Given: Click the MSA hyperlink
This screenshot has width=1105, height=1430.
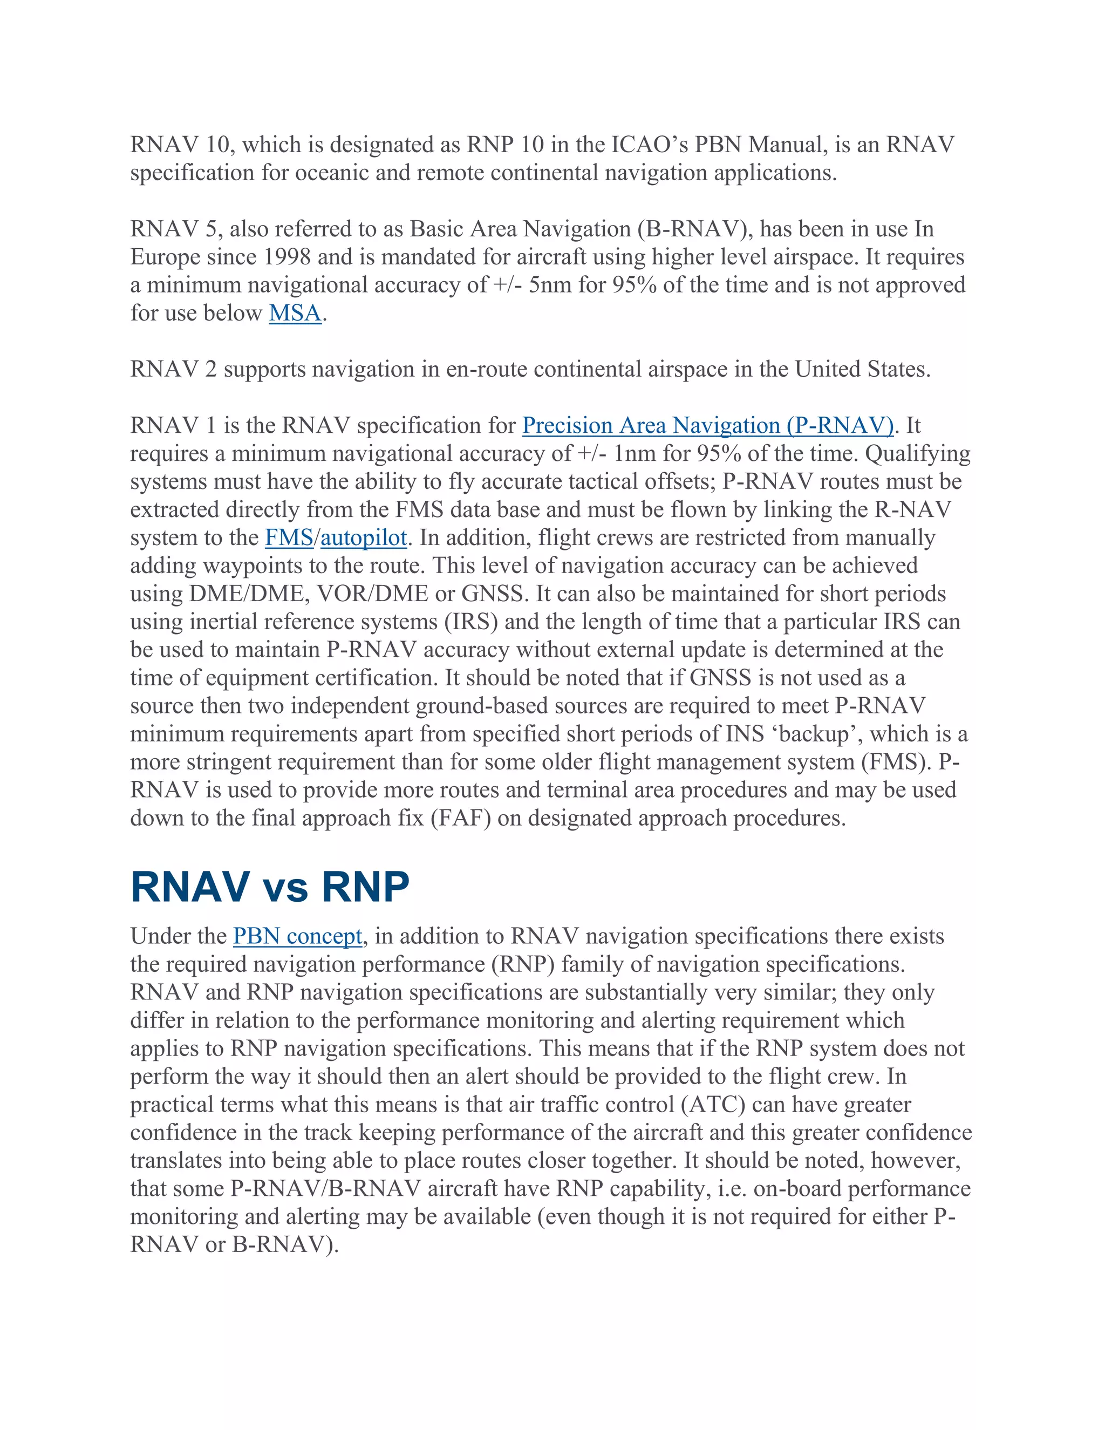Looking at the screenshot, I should click(x=295, y=314).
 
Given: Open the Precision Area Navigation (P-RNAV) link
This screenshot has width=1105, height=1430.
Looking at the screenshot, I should click(x=708, y=426).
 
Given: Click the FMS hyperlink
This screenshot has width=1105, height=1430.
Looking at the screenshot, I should click(x=289, y=538).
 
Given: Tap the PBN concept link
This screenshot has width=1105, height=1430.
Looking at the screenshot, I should click(x=297, y=937).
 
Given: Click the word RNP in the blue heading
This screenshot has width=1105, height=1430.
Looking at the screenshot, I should click(x=365, y=888).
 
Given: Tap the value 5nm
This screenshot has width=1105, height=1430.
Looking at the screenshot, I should click(x=549, y=285).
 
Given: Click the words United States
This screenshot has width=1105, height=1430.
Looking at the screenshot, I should click(x=862, y=370).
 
